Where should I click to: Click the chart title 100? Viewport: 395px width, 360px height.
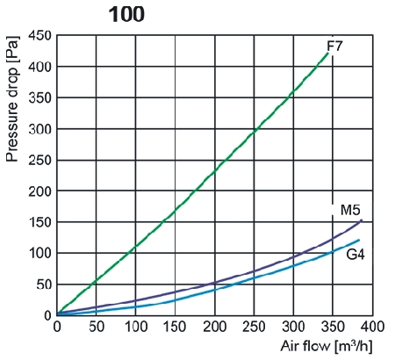(126, 14)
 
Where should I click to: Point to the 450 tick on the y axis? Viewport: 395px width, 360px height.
(40, 36)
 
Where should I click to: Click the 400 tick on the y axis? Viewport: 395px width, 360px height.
(40, 67)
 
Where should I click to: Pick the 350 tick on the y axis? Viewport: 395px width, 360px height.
(40, 98)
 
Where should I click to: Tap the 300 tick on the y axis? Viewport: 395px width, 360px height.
(40, 129)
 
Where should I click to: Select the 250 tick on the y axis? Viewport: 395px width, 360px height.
(40, 160)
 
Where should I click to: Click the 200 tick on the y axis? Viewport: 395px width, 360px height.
(40, 191)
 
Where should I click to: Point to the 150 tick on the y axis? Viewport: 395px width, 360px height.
(40, 222)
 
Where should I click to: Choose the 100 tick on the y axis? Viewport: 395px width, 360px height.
(40, 254)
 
